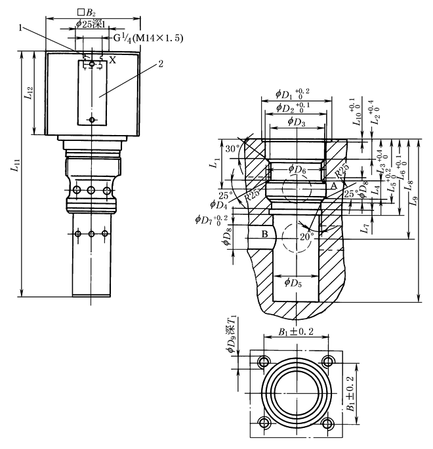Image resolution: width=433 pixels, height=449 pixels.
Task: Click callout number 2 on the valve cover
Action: pyautogui.click(x=160, y=66)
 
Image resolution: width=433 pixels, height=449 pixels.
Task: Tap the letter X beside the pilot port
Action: pyautogui.click(x=113, y=60)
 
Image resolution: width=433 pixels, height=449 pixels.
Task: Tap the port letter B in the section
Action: pyautogui.click(x=264, y=234)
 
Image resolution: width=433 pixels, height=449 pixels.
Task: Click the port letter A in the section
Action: pyautogui.click(x=333, y=187)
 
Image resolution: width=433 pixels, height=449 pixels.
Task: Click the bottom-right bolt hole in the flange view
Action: pyautogui.click(x=328, y=423)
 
